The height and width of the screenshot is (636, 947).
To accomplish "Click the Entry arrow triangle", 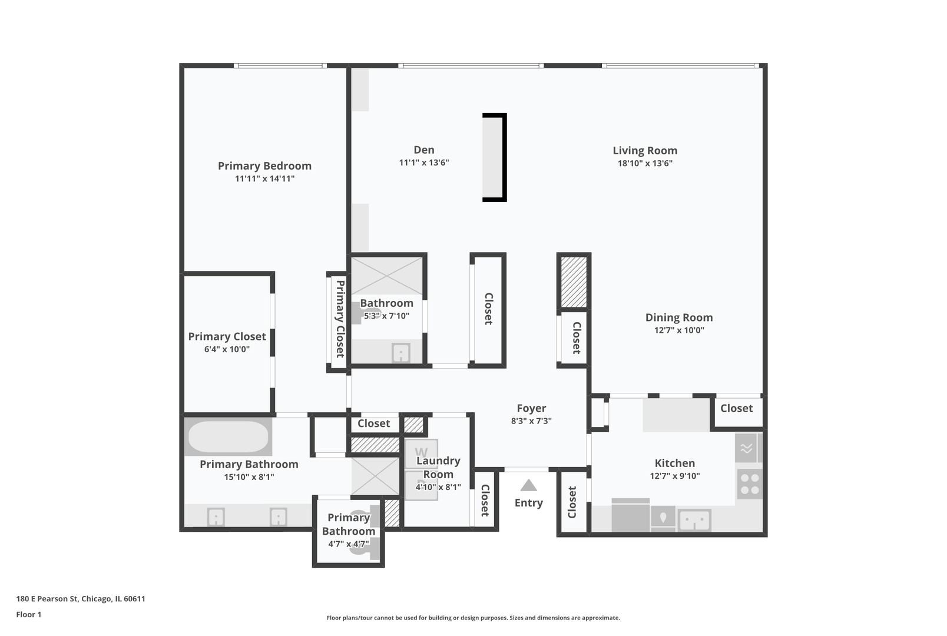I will pyautogui.click(x=528, y=485).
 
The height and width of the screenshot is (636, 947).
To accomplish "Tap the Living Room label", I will pyautogui.click(x=645, y=151).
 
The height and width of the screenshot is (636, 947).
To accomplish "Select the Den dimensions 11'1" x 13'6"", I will pyautogui.click(x=423, y=163).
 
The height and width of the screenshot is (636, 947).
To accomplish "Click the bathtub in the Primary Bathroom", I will pyautogui.click(x=228, y=437).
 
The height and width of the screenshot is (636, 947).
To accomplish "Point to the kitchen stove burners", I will pyautogui.click(x=749, y=484).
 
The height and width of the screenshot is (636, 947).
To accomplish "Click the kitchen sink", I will pyautogui.click(x=694, y=521).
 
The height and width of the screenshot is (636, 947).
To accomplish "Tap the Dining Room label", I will pyautogui.click(x=678, y=317).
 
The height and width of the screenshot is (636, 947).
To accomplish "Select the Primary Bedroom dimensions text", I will pyautogui.click(x=264, y=178).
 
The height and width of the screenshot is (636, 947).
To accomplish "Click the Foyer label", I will pyautogui.click(x=531, y=408).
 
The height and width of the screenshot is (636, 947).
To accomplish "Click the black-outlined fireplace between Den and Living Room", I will pyautogui.click(x=494, y=157).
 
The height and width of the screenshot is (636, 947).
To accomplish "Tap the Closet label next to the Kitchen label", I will pyautogui.click(x=736, y=408).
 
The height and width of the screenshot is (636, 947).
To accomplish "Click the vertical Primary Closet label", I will pyautogui.click(x=340, y=319).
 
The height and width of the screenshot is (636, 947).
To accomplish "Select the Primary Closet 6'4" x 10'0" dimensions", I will pyautogui.click(x=227, y=349).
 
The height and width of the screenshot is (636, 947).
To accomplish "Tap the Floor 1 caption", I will pyautogui.click(x=29, y=614).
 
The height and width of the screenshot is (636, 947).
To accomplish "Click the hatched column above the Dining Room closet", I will pyautogui.click(x=573, y=281).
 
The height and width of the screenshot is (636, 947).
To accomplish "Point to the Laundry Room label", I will pyautogui.click(x=438, y=468).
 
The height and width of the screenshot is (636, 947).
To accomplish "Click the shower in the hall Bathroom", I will pyautogui.click(x=387, y=276).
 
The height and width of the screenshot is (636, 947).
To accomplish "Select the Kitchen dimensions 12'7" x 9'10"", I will pyautogui.click(x=674, y=476).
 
